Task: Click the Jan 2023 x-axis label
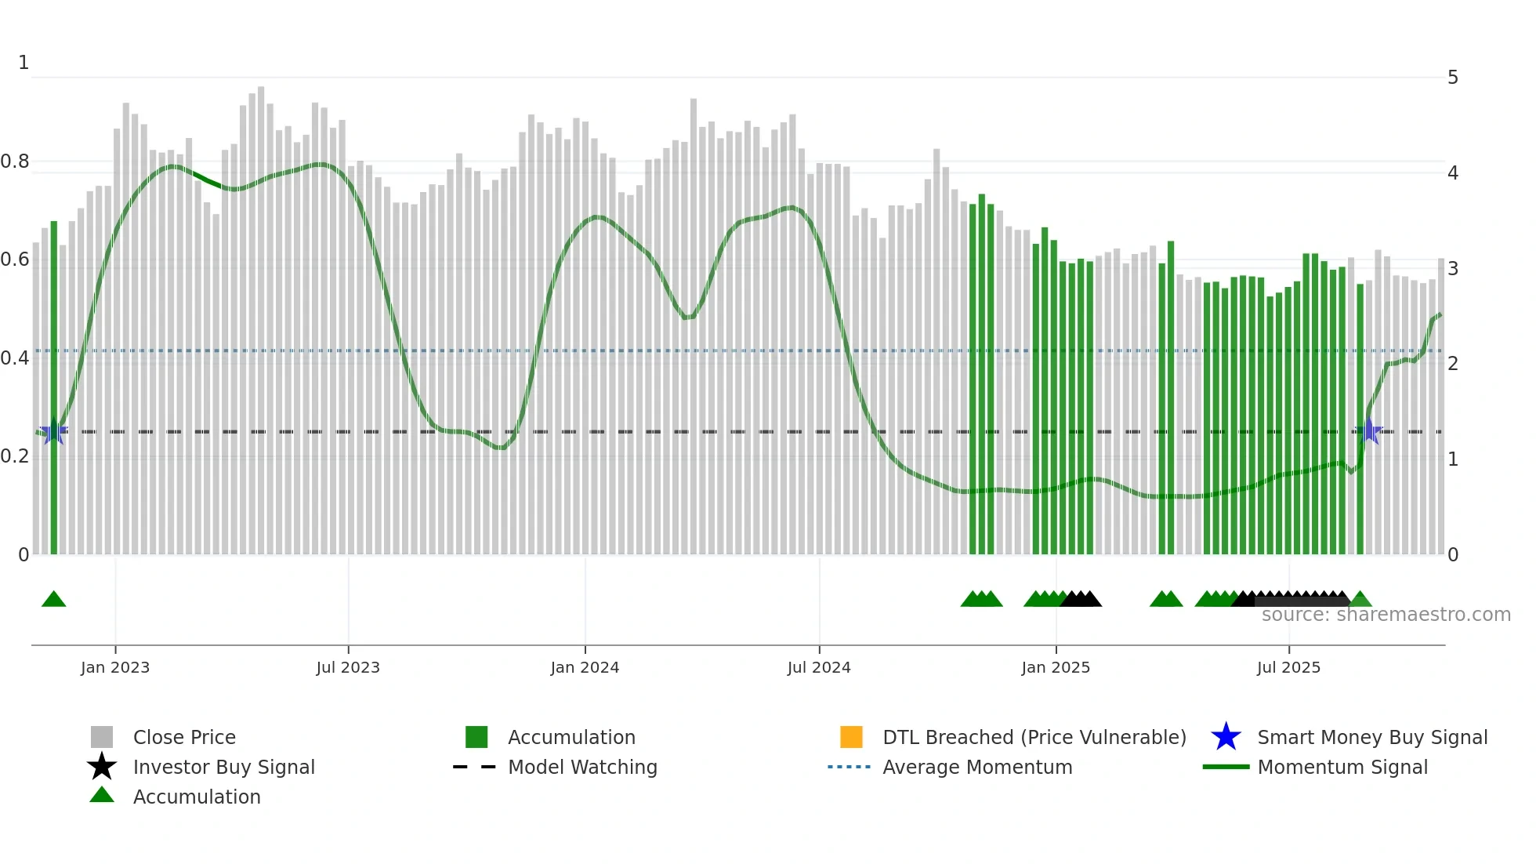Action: click(x=115, y=667)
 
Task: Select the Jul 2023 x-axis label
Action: click(x=348, y=667)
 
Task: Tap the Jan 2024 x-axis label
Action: click(x=585, y=667)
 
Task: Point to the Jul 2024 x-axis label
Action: click(x=819, y=667)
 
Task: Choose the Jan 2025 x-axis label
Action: click(x=1056, y=667)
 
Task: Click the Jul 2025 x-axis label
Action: click(x=1288, y=667)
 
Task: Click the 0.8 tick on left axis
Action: click(x=15, y=162)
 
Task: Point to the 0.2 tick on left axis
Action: click(x=15, y=456)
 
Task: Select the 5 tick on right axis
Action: click(x=1453, y=78)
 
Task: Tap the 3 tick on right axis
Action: click(x=1453, y=269)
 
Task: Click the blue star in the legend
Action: click(x=1226, y=737)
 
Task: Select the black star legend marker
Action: click(x=102, y=767)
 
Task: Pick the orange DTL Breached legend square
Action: click(x=851, y=737)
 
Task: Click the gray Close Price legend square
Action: click(x=102, y=737)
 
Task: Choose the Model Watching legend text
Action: click(x=582, y=767)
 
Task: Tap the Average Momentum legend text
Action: click(x=977, y=767)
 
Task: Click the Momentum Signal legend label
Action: click(x=1342, y=767)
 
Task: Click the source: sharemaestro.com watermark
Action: click(x=1386, y=615)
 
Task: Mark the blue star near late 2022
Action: click(x=53, y=431)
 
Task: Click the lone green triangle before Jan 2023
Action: click(x=53, y=600)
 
